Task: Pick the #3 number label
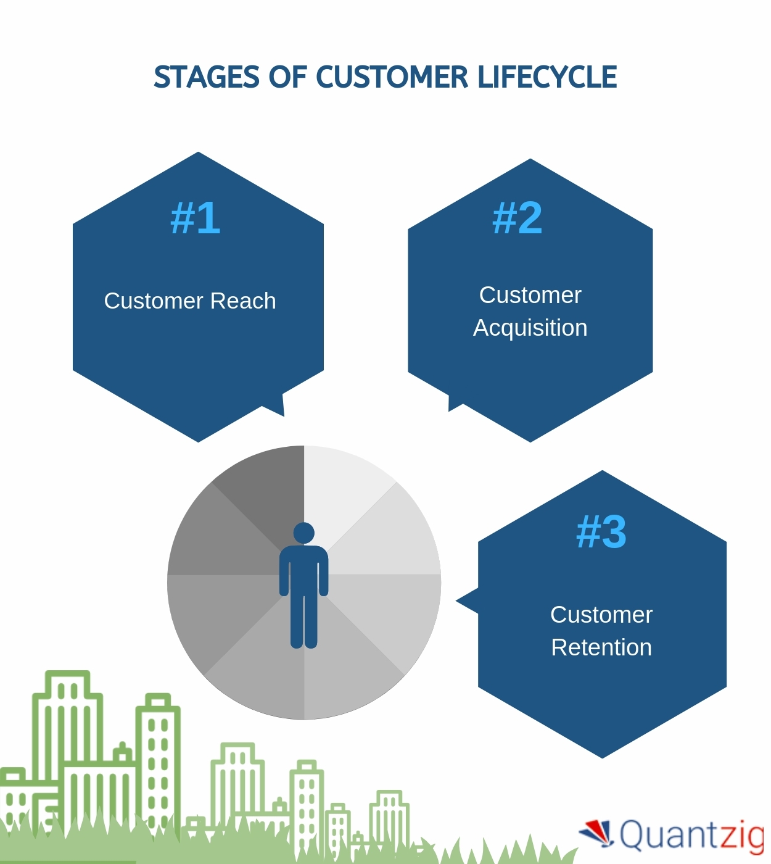pos(601,531)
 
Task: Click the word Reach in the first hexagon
pos(243,301)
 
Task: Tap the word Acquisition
pos(530,328)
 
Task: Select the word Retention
pos(601,647)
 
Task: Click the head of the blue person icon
pos(304,533)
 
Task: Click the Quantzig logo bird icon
pos(597,833)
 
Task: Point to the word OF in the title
pos(287,78)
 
